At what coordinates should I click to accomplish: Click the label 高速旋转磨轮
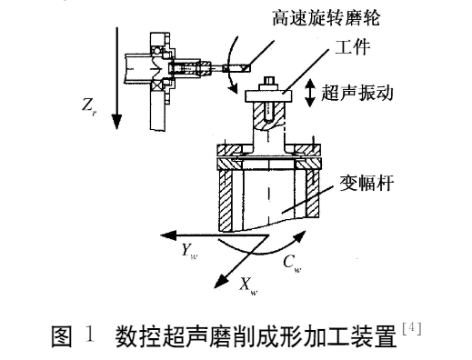point(326,17)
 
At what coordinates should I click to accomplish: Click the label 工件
point(352,47)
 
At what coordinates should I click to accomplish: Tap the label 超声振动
point(357,92)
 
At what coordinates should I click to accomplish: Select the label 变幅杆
point(367,183)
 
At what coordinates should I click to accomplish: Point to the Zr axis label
point(89,107)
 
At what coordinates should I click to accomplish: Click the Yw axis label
point(189,252)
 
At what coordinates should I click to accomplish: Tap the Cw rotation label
point(292,264)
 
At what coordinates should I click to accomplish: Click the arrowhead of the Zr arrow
point(116,121)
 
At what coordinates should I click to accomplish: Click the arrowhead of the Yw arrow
point(168,235)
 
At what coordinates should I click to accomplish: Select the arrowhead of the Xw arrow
point(221,280)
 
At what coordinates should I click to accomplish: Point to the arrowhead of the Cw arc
point(299,236)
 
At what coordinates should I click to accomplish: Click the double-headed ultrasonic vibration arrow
point(310,93)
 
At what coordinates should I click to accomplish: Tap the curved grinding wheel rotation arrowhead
point(234,88)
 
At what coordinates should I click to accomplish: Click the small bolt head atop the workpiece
point(269,81)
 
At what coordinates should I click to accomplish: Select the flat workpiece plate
point(268,95)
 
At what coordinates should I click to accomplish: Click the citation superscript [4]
point(412,328)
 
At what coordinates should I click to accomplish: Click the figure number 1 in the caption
point(90,335)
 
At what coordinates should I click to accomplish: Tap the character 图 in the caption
point(62,335)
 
